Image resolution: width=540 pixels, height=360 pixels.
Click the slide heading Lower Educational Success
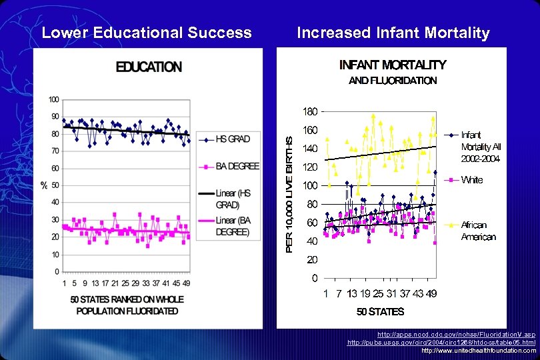pyautogui.click(x=147, y=33)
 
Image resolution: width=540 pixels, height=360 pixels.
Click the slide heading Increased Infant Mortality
pyautogui.click(x=393, y=33)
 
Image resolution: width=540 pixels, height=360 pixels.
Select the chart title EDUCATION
pyautogui.click(x=149, y=67)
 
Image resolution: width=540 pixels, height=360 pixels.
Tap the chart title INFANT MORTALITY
pyautogui.click(x=393, y=65)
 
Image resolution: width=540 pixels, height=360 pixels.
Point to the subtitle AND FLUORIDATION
pyautogui.click(x=393, y=81)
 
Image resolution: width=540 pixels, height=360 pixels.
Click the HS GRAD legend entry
pyautogui.click(x=232, y=139)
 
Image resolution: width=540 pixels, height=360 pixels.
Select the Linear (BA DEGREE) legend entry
pyautogui.click(x=233, y=226)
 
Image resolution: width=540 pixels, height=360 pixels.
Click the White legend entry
pyautogui.click(x=471, y=180)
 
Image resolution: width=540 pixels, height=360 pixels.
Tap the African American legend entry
pyautogui.click(x=478, y=231)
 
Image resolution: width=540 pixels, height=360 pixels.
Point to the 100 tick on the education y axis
pyautogui.click(x=53, y=99)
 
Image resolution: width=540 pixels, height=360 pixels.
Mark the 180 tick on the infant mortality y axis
pyautogui.click(x=309, y=111)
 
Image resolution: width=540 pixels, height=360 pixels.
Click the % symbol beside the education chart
pyautogui.click(x=43, y=185)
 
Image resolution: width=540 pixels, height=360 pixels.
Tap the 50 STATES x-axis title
pyautogui.click(x=380, y=311)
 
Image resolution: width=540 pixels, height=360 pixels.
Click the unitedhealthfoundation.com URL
pyautogui.click(x=479, y=350)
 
